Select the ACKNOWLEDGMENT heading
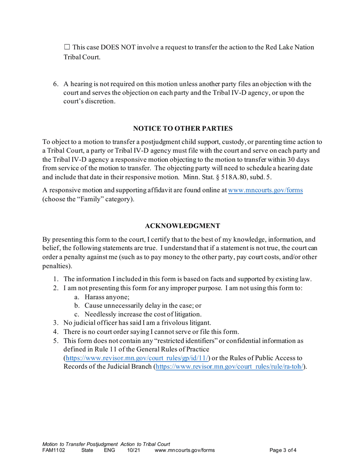[183, 226]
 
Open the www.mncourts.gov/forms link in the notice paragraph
[265, 190]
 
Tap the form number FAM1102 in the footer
[53, 450]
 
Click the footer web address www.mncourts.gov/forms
[185, 450]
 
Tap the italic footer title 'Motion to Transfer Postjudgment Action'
[106, 444]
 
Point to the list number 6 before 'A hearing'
[55, 84]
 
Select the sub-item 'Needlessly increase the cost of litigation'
[143, 314]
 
